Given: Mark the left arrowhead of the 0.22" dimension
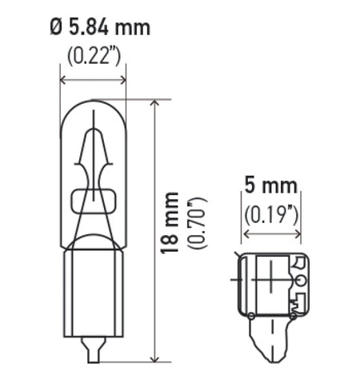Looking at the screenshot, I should (x=64, y=79).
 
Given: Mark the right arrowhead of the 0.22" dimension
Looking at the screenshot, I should (x=123, y=79).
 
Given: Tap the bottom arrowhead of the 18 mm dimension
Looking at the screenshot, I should (x=152, y=359).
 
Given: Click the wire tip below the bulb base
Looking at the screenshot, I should (x=94, y=351).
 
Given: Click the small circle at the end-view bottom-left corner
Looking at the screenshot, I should (x=252, y=316).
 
